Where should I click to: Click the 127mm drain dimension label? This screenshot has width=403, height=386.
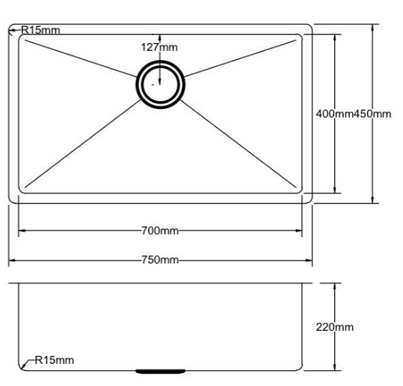pyautogui.click(x=159, y=47)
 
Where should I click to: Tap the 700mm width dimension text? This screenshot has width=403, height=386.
pyautogui.click(x=160, y=231)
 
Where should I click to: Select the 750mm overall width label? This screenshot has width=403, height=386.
pyautogui.click(x=160, y=259)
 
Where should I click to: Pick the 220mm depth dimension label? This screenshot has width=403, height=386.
pyautogui.click(x=334, y=327)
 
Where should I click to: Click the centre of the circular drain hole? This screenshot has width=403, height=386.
pyautogui.click(x=160, y=85)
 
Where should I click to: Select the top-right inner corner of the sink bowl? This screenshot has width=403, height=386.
pyautogui.click(x=299, y=37)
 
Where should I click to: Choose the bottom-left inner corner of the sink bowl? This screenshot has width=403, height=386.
pyautogui.click(x=21, y=191)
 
